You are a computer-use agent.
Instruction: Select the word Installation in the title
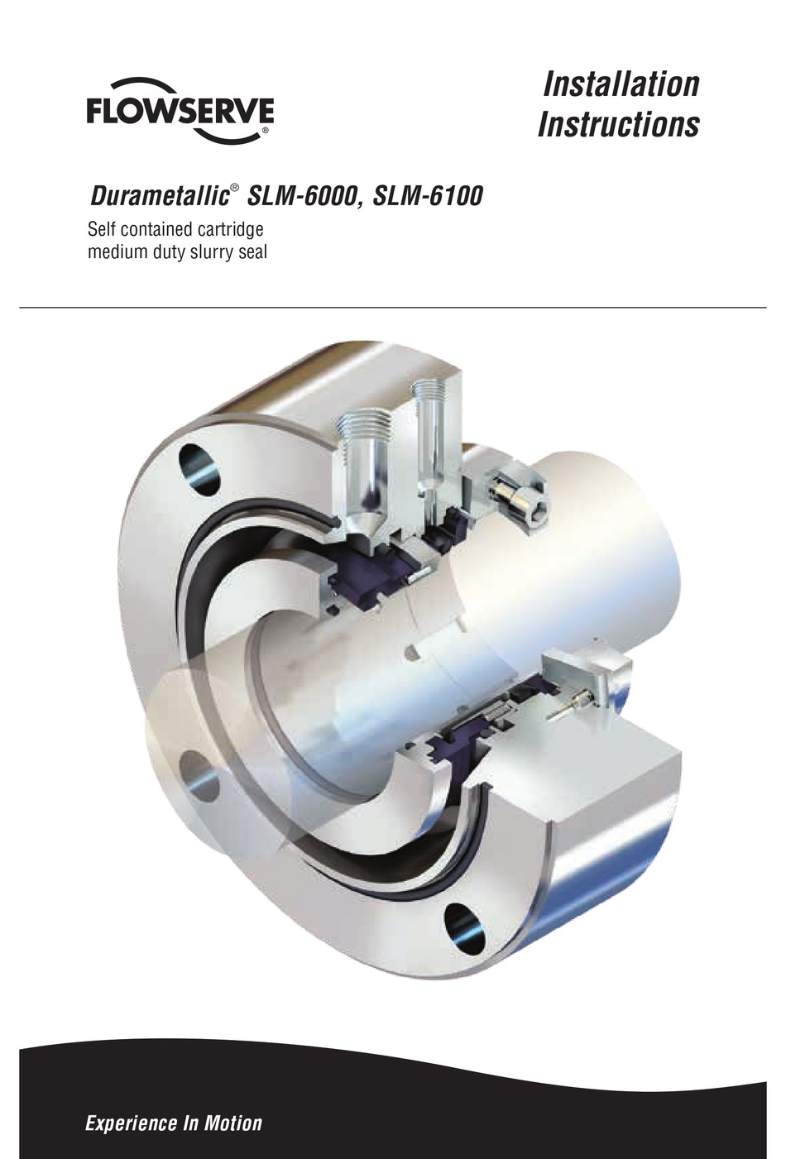coord(621,84)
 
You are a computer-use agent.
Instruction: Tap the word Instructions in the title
coord(618,125)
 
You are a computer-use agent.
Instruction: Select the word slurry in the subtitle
coord(209,251)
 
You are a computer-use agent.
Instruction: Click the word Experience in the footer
coord(123,1123)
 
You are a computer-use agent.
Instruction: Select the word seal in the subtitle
coord(251,251)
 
